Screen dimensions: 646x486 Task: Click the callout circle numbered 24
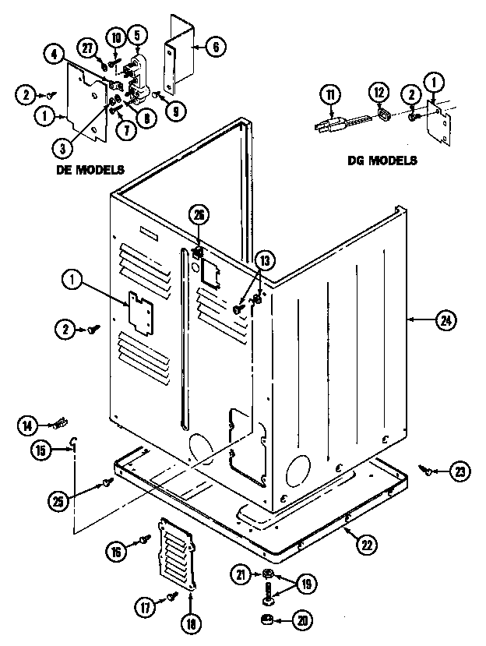446,319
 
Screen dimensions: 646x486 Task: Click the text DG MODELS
382,161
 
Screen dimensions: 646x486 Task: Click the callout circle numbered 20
300,620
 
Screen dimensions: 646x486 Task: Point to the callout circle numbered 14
28,425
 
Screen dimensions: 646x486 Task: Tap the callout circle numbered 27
87,46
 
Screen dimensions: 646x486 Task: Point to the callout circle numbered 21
240,575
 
